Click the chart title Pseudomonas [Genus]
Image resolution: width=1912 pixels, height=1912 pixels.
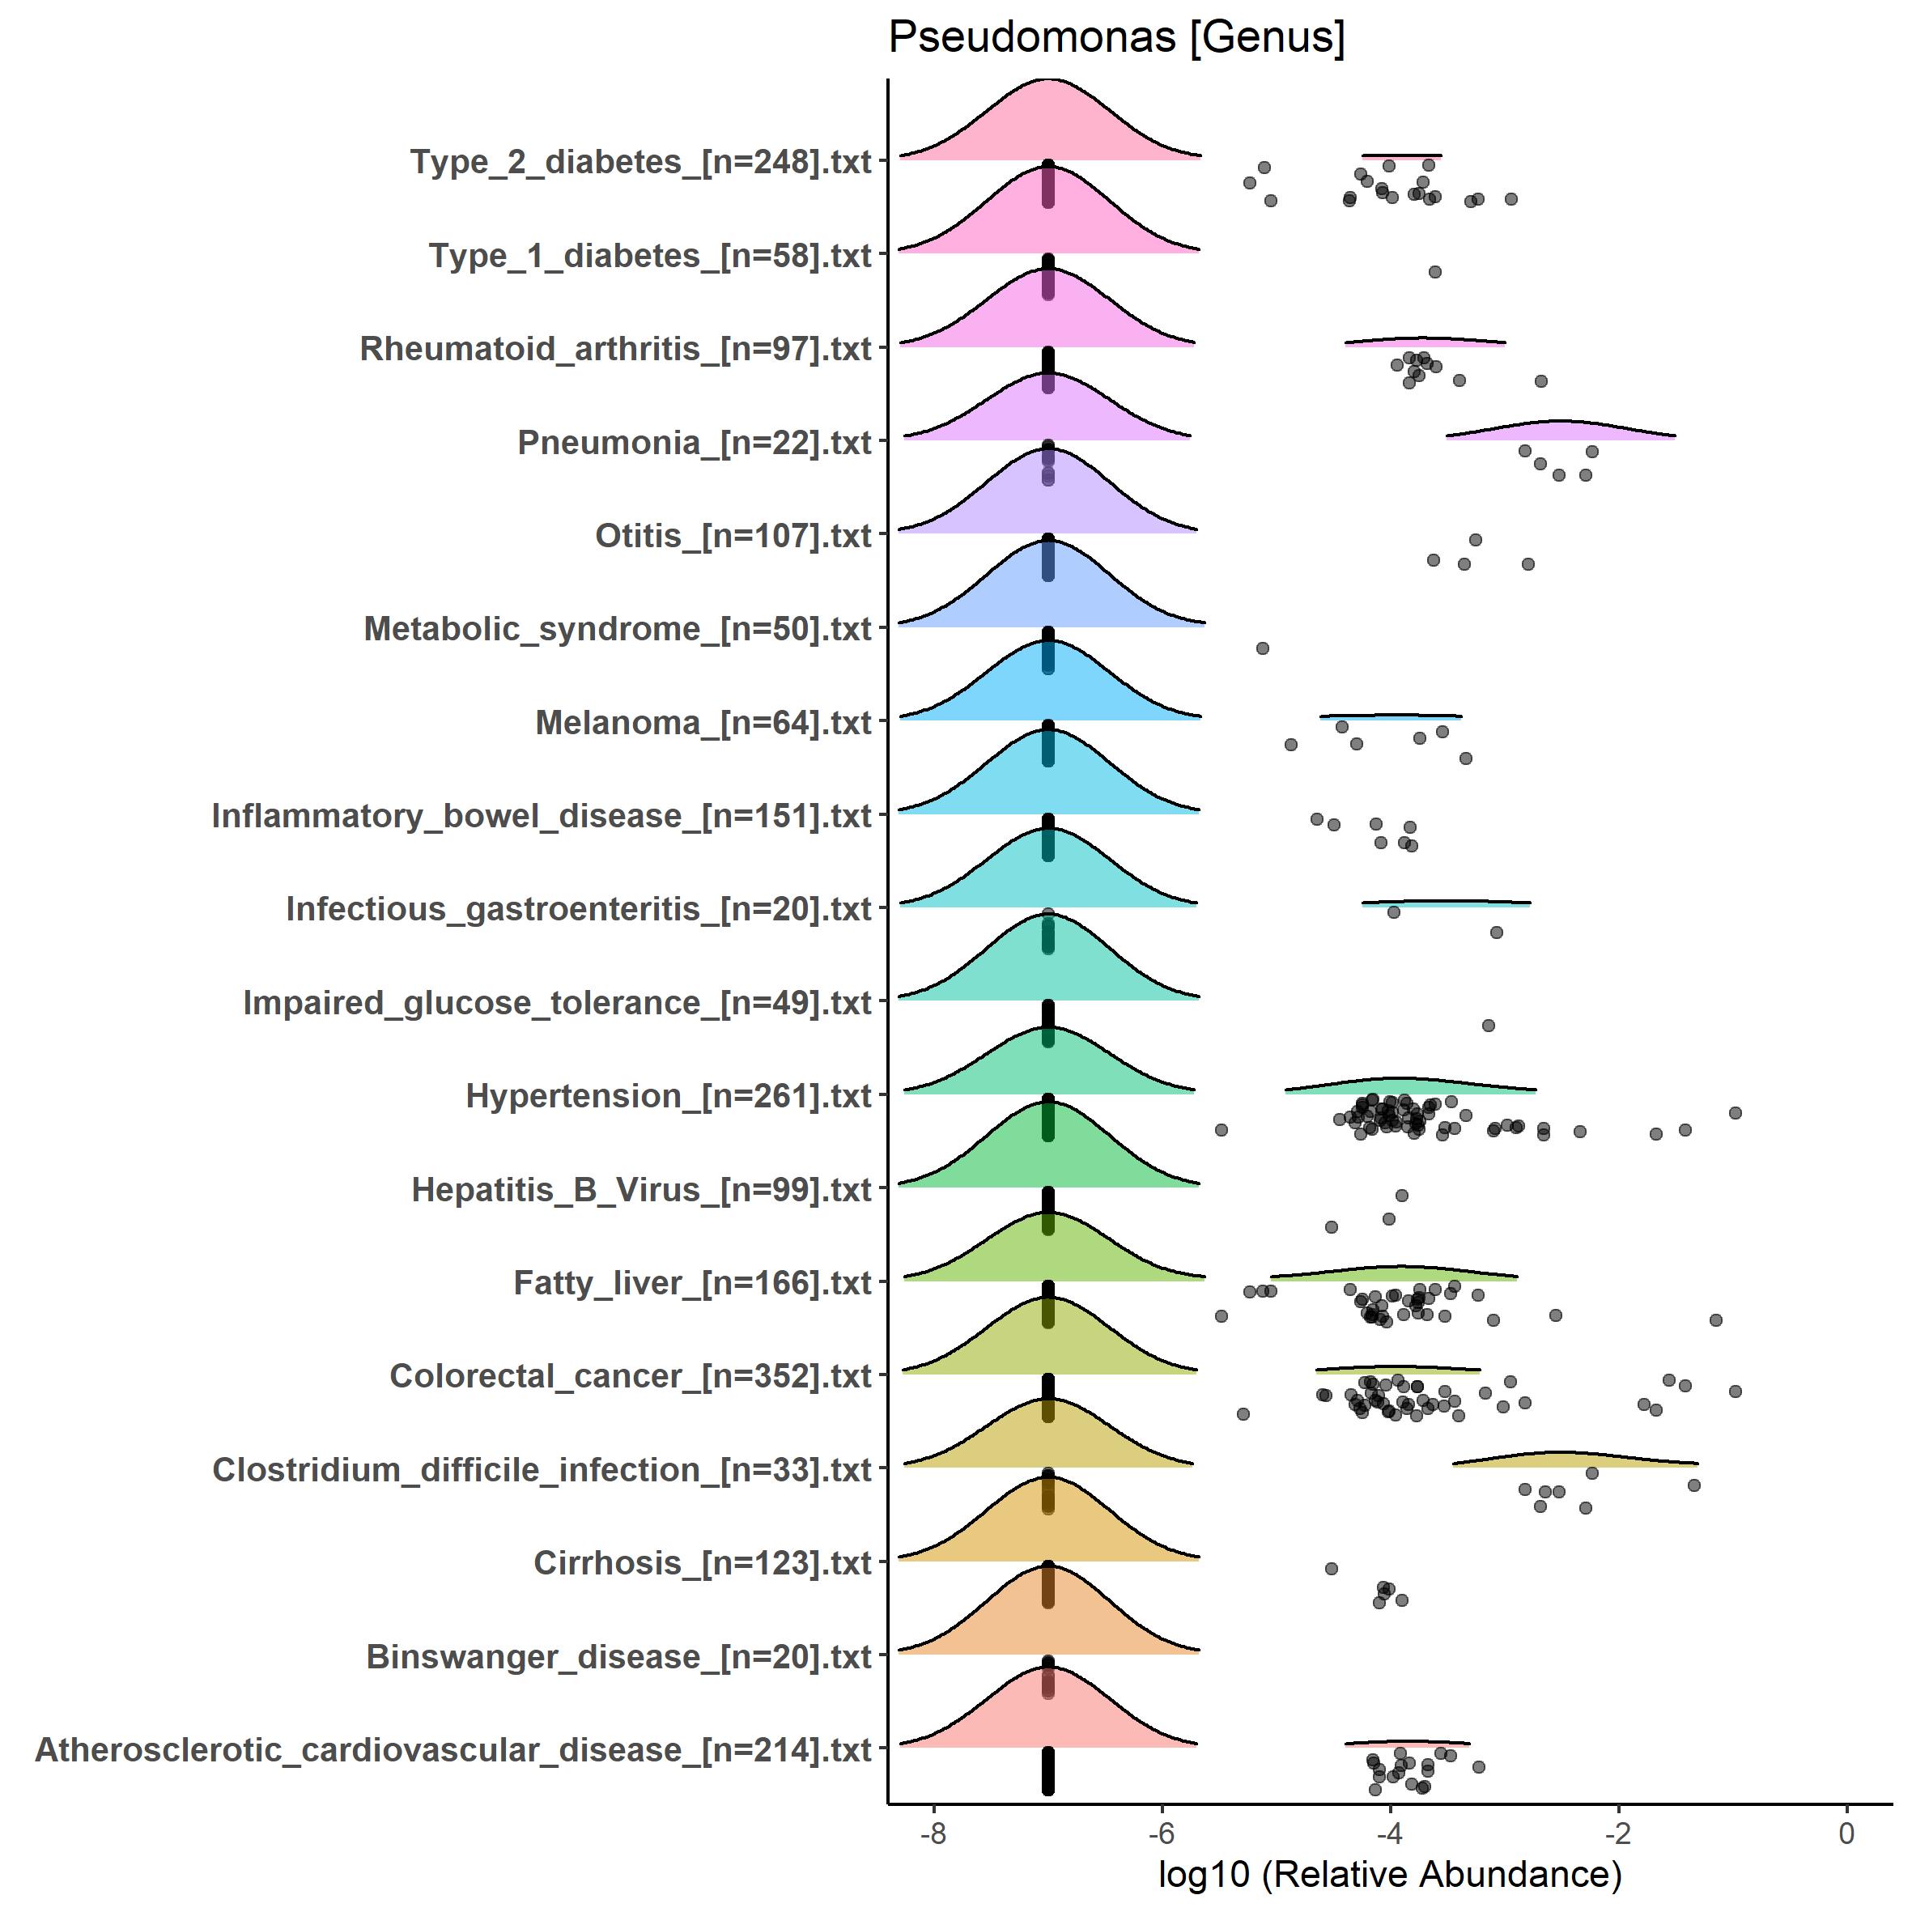[1116, 37]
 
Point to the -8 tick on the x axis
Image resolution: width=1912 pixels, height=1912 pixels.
[933, 1833]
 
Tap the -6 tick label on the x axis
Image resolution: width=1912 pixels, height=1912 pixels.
[1161, 1833]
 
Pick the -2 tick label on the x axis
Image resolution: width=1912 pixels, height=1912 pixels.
[1617, 1833]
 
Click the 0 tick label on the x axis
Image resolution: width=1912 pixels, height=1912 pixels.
[1846, 1833]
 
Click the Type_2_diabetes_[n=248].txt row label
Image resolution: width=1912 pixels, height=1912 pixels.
[640, 161]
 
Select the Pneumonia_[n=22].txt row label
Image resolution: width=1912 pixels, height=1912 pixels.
[694, 442]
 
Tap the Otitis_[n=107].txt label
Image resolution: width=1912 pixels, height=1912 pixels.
[733, 535]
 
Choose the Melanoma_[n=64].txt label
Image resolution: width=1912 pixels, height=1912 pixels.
[703, 722]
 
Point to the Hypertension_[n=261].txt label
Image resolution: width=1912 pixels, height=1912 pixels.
[668, 1095]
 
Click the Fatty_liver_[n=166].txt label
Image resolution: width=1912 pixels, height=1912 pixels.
[692, 1282]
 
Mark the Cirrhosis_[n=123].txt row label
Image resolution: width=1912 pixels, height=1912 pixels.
[702, 1562]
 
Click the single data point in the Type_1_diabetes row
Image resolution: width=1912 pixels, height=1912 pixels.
[1435, 272]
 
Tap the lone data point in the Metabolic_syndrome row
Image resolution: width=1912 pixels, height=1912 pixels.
[1263, 648]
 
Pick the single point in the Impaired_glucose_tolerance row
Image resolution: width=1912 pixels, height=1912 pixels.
[1489, 1026]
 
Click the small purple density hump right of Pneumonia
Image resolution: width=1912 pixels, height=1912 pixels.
[1560, 431]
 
